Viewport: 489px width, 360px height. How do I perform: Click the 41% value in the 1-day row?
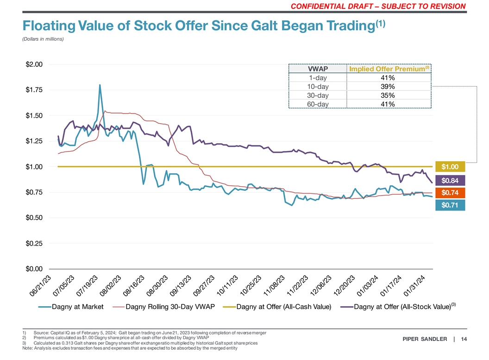click(388, 78)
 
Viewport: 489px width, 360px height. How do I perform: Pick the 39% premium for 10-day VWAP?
click(388, 87)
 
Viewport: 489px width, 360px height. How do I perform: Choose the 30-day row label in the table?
click(318, 95)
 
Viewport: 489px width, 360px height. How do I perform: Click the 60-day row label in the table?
click(318, 104)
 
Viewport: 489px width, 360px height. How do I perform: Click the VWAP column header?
click(318, 69)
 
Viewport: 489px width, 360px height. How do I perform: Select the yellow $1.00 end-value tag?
click(450, 167)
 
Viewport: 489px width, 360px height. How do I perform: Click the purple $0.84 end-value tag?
click(450, 180)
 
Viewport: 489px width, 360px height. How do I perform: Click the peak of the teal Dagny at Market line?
click(100, 85)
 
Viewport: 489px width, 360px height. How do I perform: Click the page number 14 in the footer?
click(464, 339)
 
